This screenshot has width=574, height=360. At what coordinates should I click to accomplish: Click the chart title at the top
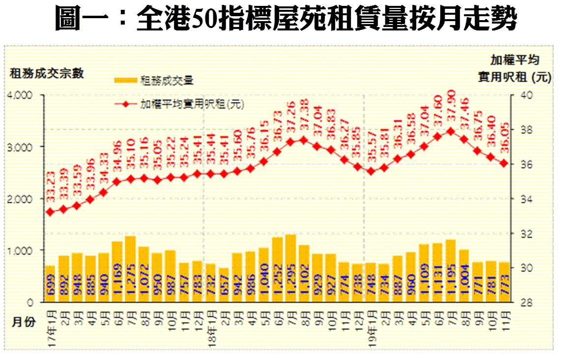tap(286, 20)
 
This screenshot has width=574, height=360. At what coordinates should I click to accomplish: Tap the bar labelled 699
tap(50, 283)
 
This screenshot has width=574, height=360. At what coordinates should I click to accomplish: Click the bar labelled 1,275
tap(130, 269)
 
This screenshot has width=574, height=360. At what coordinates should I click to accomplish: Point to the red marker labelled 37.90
tap(450, 131)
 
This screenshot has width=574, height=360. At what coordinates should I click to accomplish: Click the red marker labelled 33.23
tap(50, 212)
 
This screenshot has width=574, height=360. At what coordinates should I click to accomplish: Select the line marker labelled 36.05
tap(503, 163)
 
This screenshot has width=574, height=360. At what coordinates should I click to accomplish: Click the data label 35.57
tap(371, 144)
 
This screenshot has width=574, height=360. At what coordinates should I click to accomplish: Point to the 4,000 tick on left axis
tap(21, 95)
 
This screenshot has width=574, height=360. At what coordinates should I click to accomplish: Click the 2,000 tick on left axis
tap(21, 199)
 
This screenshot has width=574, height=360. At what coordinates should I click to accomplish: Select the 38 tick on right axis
tap(520, 130)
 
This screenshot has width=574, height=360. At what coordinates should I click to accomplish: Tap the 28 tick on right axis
tap(520, 302)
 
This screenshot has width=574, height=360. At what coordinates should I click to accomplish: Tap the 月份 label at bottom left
tap(23, 322)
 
